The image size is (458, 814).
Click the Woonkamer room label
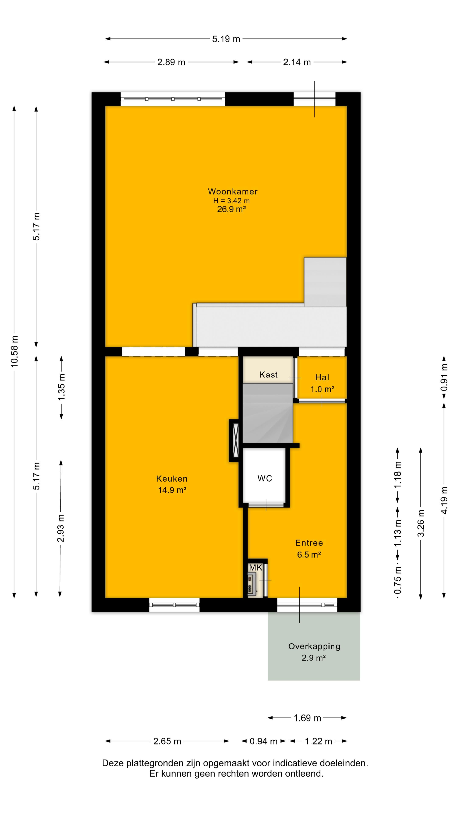[233, 191]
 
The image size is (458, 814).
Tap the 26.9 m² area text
[231, 209]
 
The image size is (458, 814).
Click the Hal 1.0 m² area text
[322, 389]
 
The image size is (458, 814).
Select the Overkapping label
[314, 647]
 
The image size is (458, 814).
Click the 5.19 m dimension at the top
[226, 39]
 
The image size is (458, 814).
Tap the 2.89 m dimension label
[171, 62]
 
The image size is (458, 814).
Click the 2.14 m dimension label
[297, 62]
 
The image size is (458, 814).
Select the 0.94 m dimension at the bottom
[263, 741]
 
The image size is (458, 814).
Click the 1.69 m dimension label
[307, 718]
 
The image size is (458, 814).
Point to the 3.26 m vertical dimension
[421, 523]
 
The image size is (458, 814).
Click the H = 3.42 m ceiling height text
[231, 201]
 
